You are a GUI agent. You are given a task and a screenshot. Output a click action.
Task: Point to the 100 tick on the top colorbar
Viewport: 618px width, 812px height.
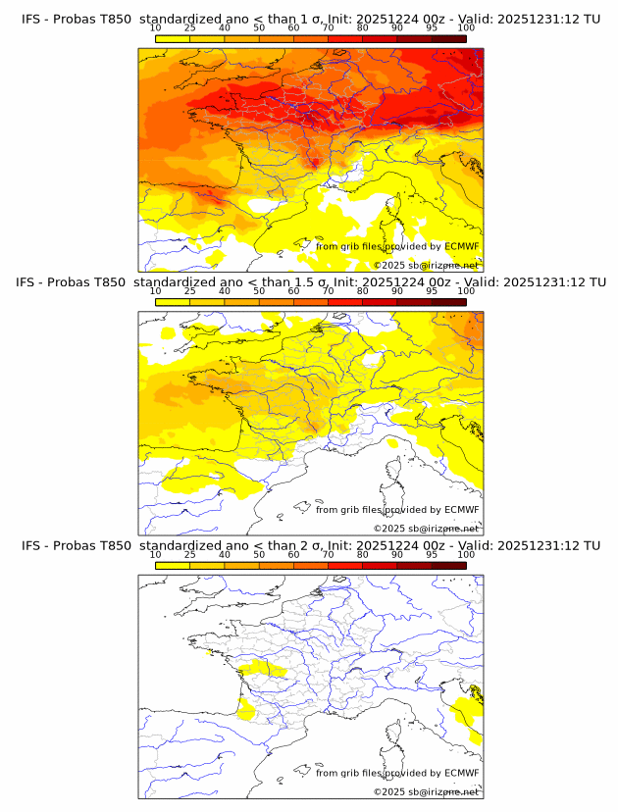466,28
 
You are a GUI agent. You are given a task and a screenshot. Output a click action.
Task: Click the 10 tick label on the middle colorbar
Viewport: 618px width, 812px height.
156,291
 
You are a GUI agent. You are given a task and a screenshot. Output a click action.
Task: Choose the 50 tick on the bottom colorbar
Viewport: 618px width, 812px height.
259,554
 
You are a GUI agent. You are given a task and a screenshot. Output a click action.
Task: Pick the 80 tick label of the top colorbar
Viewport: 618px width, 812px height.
363,28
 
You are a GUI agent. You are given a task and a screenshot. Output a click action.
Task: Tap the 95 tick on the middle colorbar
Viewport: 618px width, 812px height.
432,291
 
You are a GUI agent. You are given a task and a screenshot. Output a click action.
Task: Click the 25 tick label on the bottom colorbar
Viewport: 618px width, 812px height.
189,554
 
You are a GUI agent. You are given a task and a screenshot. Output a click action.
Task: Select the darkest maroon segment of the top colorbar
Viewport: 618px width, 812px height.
448,38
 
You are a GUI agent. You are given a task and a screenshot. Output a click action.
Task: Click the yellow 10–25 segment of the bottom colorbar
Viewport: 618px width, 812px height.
173,565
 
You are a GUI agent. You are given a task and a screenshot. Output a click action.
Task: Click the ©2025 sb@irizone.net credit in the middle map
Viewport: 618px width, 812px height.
426,529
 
